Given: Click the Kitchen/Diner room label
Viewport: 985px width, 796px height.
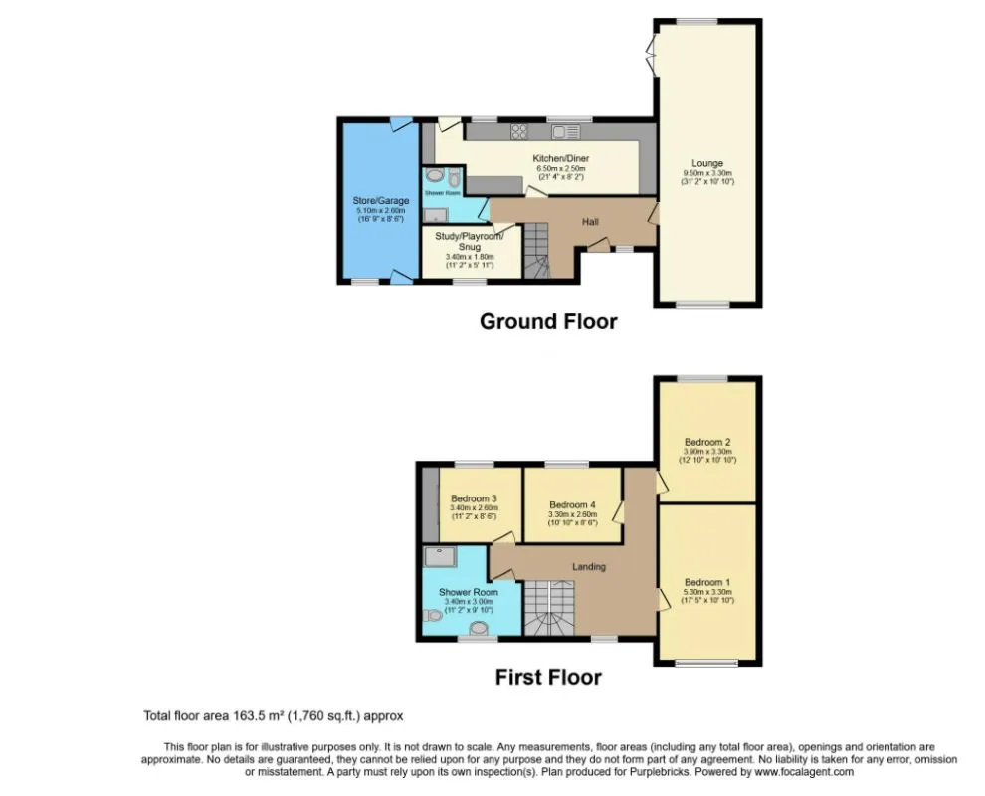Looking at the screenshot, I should tap(559, 158).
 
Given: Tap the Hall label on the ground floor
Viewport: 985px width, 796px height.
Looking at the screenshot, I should tap(589, 221).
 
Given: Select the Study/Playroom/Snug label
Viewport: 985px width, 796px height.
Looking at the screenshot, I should tap(470, 241).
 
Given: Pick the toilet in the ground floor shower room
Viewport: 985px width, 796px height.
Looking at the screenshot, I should tap(454, 178).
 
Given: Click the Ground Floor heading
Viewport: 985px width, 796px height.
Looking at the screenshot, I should tap(548, 321).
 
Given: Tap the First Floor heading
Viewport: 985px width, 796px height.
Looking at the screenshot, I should tap(548, 677).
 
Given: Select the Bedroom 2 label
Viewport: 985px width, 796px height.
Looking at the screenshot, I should tap(707, 442).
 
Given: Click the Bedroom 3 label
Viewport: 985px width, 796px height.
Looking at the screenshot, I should tap(474, 498).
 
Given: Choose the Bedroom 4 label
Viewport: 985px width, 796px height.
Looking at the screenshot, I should tap(572, 504).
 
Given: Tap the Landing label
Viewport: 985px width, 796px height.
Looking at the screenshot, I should tap(588, 566).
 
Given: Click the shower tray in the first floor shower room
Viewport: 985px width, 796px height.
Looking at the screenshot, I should tap(439, 556).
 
